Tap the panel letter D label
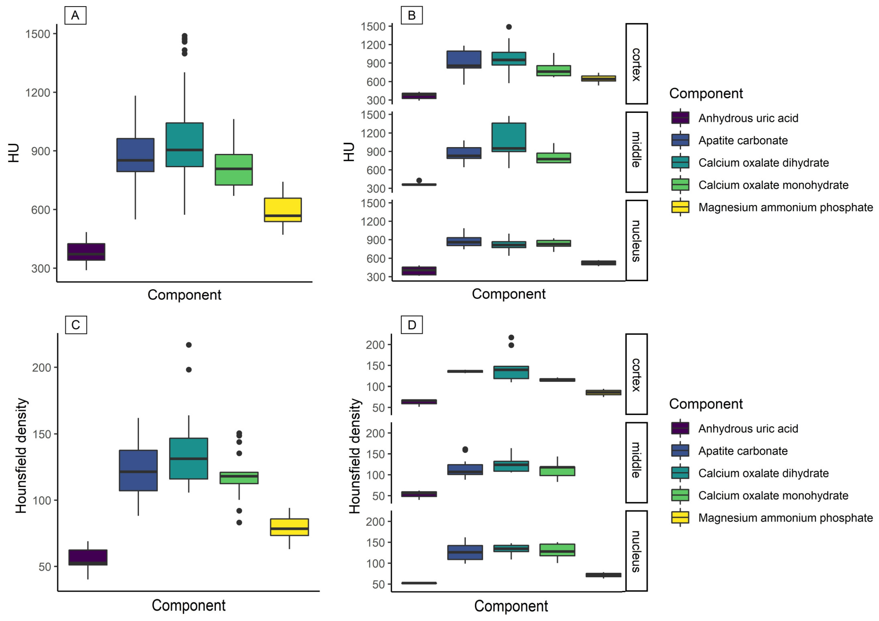(412, 325)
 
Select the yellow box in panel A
(283, 210)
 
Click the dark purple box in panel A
(86, 252)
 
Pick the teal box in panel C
(189, 458)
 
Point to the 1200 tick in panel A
(37, 93)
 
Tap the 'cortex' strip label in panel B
(636, 64)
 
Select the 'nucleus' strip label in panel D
(636, 551)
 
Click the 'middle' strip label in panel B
(636, 152)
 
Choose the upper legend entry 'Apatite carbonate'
(743, 140)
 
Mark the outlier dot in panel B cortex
(509, 27)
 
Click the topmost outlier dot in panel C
(189, 345)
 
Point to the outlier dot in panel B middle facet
(419, 180)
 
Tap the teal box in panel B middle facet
(509, 137)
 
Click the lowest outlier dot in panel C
(239, 523)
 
